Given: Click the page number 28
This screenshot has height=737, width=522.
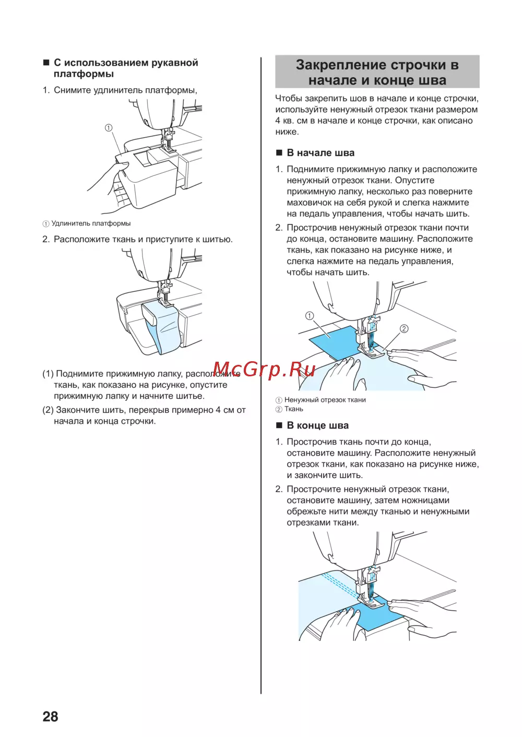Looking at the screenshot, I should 50,716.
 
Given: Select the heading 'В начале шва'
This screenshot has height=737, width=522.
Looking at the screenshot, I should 321,153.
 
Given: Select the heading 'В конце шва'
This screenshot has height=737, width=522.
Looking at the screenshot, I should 317,425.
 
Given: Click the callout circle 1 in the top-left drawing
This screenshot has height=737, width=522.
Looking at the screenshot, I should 109,128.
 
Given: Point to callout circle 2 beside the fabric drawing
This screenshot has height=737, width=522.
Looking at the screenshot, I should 404,329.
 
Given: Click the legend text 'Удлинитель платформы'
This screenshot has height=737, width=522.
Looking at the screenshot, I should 91,223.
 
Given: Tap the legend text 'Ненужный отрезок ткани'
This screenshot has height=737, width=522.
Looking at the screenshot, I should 325,400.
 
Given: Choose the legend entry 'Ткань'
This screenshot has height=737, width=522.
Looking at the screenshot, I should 293,409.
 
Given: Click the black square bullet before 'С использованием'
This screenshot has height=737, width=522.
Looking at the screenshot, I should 46,63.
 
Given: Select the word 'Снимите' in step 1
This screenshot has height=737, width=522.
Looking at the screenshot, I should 72,90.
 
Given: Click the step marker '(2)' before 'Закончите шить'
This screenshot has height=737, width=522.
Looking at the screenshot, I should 48,410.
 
